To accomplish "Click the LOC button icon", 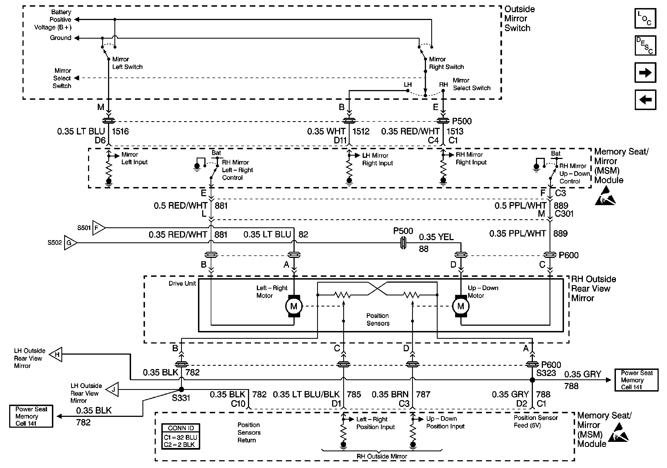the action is (x=645, y=18).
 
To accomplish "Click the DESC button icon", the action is (x=645, y=45).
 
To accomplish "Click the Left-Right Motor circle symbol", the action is (x=294, y=306).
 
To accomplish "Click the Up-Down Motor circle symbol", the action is (x=461, y=306).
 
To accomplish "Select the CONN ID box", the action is (x=181, y=436).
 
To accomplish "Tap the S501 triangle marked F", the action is (x=99, y=228).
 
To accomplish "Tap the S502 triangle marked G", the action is (x=71, y=243).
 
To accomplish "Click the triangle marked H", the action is (x=56, y=354).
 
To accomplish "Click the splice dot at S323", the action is (x=532, y=380).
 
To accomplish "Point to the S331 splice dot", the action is (x=181, y=390).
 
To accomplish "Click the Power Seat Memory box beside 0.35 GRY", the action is (x=636, y=380).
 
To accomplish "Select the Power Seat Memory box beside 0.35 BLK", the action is (x=31, y=416).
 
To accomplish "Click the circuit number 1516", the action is (x=120, y=131).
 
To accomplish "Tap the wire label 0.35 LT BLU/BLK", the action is (x=306, y=394).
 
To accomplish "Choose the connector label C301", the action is (x=564, y=214).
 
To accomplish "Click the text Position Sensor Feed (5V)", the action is (x=536, y=422).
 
